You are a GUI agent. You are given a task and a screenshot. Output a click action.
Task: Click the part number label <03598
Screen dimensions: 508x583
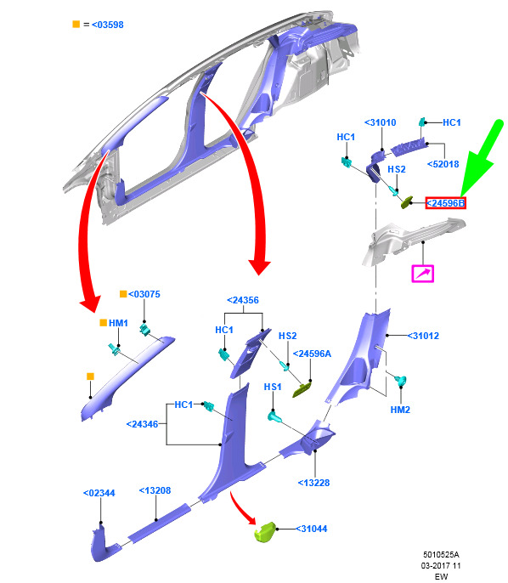pos(107,25)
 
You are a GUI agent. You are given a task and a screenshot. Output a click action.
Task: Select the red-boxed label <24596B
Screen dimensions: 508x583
pos(446,203)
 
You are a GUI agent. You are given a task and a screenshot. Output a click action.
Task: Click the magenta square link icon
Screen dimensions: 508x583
pos(423,274)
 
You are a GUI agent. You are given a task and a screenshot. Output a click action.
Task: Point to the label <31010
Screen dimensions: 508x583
pos(381,122)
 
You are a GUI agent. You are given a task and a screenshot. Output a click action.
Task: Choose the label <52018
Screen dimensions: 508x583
pos(443,164)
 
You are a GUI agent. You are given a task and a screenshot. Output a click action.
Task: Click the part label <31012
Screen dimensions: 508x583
pos(423,336)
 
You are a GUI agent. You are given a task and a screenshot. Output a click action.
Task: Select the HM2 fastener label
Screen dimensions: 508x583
pos(400,410)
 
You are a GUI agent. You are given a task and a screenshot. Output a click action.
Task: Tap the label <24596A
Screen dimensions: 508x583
pos(312,354)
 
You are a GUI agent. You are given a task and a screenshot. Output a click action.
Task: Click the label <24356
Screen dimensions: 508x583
pos(243,300)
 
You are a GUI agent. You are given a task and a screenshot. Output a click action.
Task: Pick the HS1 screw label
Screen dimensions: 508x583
pos(273,387)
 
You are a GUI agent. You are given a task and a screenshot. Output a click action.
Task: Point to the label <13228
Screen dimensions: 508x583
pos(313,483)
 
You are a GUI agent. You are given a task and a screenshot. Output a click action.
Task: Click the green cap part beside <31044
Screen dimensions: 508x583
pos(264,532)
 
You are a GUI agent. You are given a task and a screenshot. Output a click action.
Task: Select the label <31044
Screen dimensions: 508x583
pos(311,529)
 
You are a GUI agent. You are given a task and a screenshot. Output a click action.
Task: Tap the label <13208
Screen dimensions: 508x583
pos(155,491)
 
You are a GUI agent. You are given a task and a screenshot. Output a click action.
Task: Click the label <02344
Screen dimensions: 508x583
pos(99,494)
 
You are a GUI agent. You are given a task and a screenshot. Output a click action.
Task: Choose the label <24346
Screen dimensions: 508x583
pos(143,424)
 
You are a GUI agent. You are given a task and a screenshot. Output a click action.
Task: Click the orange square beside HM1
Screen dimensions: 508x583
pos(104,323)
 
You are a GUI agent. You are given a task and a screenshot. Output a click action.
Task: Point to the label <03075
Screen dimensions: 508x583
pos(144,294)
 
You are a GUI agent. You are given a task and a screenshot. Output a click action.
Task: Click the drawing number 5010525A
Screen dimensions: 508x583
pos(441,555)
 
